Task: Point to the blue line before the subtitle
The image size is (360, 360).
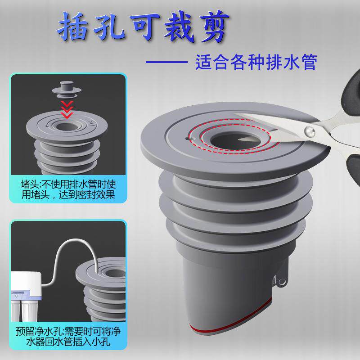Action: [167, 62]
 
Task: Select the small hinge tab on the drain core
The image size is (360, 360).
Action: [281, 280]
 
